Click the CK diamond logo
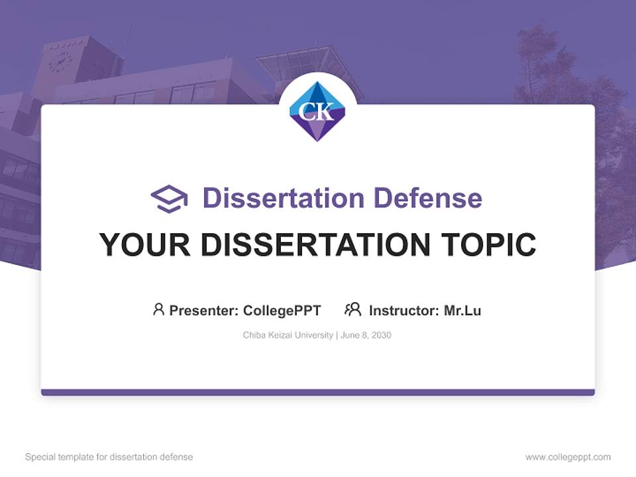click(317, 111)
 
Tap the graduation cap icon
click(169, 198)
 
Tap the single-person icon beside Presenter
click(158, 309)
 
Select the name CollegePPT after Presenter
click(282, 310)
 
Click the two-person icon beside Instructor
click(352, 309)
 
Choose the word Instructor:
click(403, 310)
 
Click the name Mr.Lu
click(462, 310)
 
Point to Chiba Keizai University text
click(288, 335)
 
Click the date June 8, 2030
click(367, 335)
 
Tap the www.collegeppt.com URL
click(568, 457)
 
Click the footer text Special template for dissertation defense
click(109, 457)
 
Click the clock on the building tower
click(60, 61)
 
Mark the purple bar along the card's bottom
click(317, 392)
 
